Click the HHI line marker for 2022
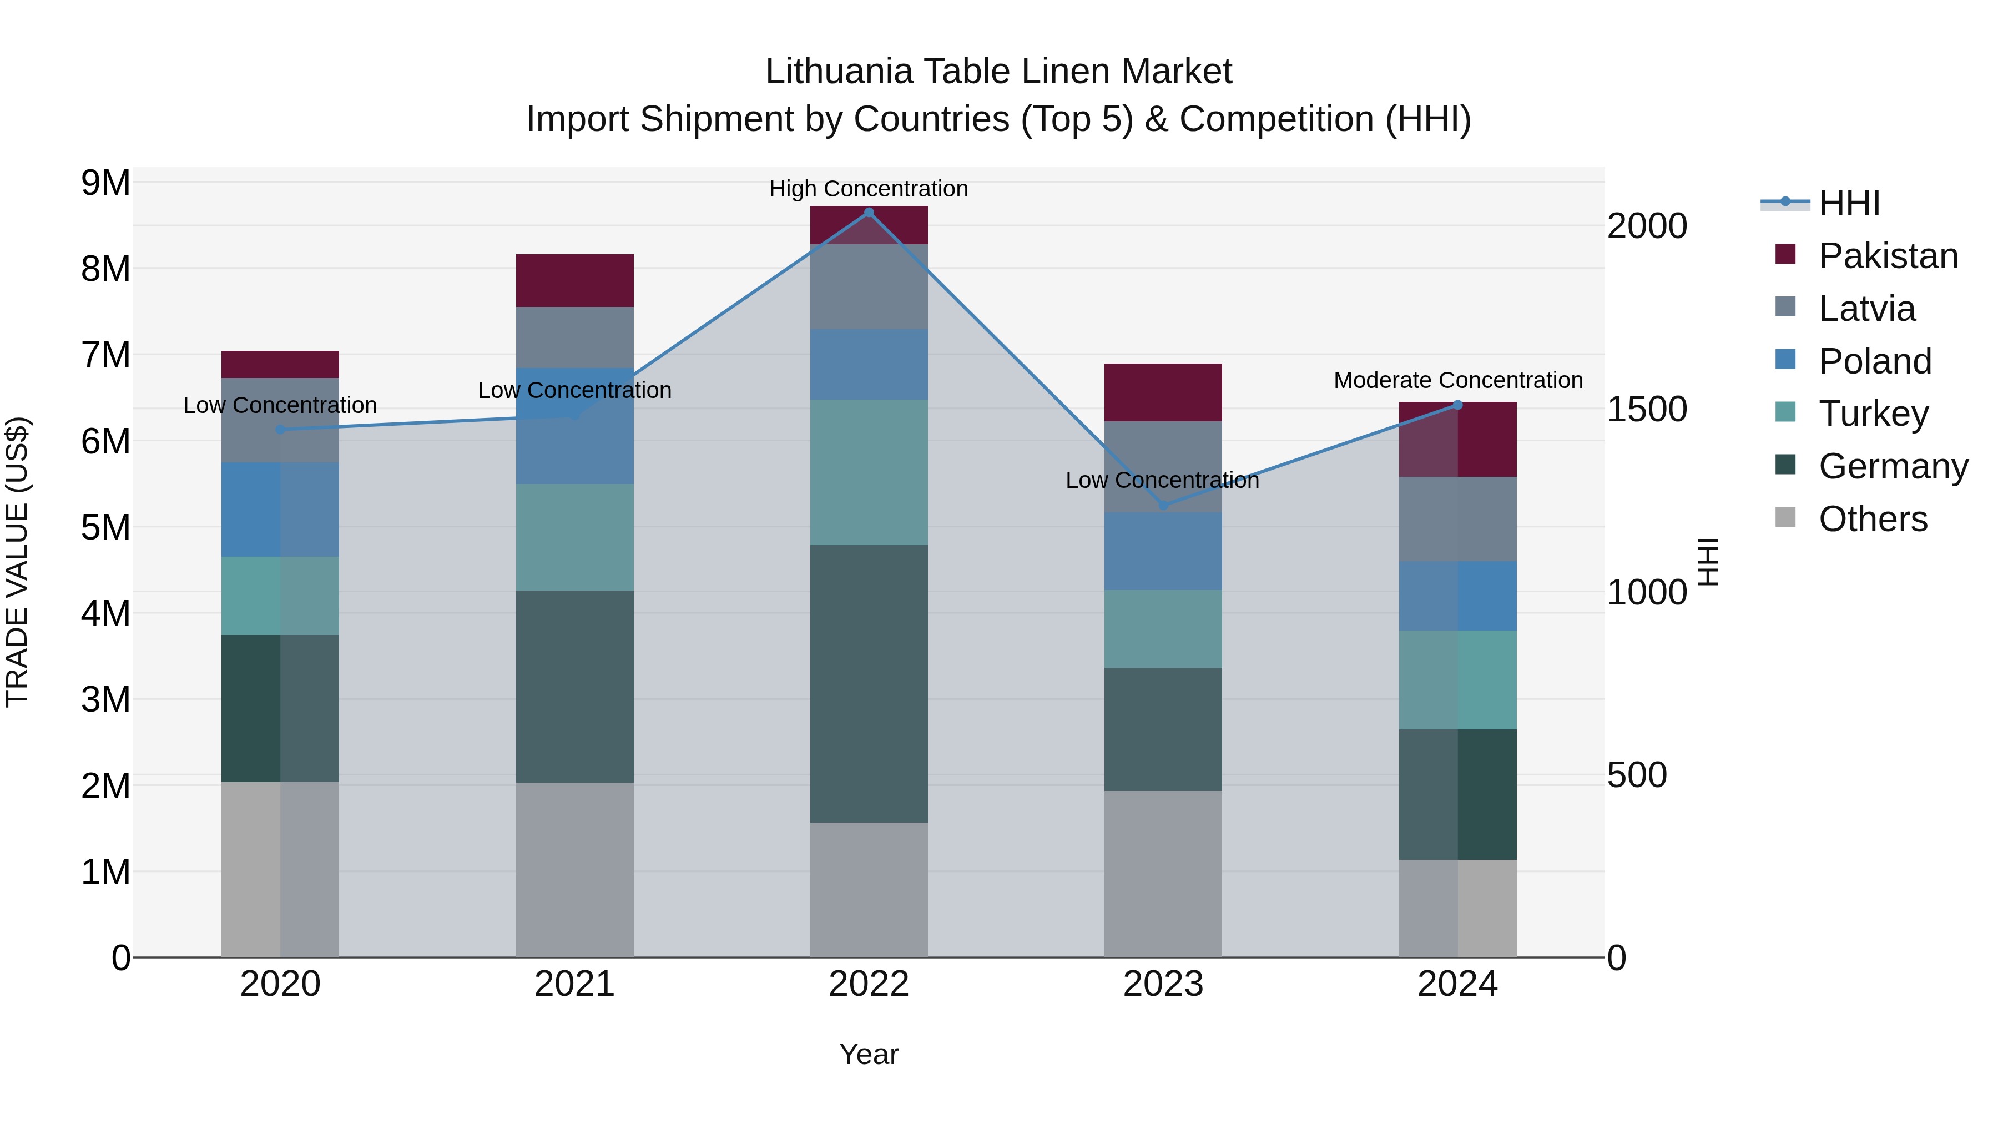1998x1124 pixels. click(x=869, y=213)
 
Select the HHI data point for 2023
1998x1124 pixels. click(x=1163, y=506)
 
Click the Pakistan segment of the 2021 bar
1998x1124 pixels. click(x=575, y=281)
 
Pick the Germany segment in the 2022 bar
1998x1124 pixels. click(x=869, y=683)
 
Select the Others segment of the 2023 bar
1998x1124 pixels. click(x=1163, y=874)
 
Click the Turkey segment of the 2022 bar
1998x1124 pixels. click(x=869, y=472)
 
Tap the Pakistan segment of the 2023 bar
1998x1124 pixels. click(x=1163, y=392)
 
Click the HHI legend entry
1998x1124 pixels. click(x=1849, y=203)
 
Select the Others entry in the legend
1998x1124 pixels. click(x=1873, y=519)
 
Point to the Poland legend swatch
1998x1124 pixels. click(x=1785, y=360)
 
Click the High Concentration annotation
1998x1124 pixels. click(x=869, y=189)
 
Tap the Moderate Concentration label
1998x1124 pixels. click(x=1458, y=380)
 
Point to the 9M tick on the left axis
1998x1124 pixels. click(x=105, y=183)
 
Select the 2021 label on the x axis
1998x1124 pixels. click(x=575, y=984)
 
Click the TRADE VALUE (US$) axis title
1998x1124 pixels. click(x=17, y=562)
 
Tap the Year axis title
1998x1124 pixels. click(x=869, y=1054)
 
